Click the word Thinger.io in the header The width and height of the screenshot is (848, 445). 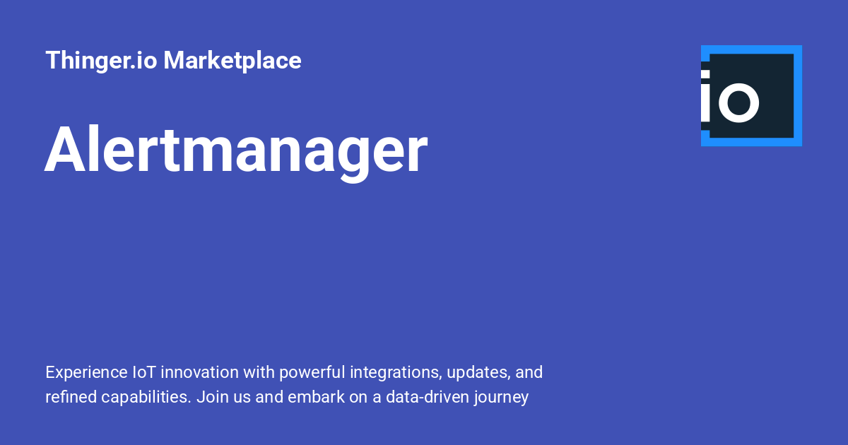[101, 61]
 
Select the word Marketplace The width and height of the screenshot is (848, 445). [232, 61]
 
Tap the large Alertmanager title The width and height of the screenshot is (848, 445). [236, 150]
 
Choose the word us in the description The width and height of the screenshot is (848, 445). [240, 398]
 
